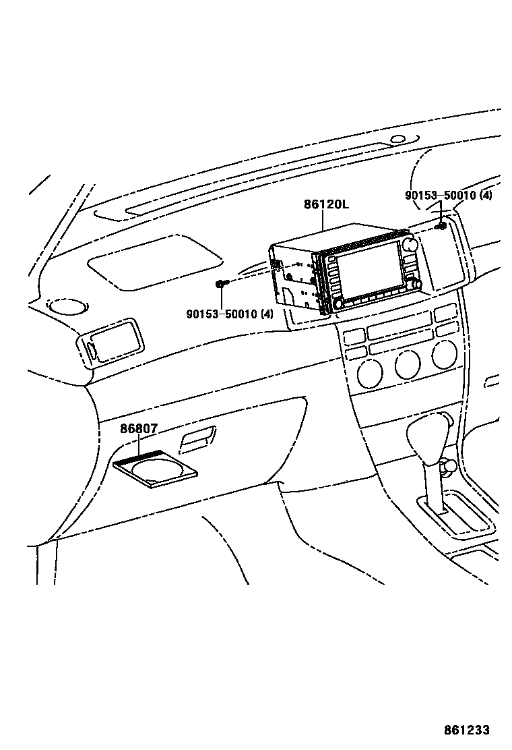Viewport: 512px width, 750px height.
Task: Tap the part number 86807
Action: pyautogui.click(x=139, y=428)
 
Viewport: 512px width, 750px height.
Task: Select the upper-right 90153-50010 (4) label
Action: pyautogui.click(x=449, y=196)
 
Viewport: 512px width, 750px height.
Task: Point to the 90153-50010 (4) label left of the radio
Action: pyautogui.click(x=230, y=314)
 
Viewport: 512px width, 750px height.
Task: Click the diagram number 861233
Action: pyautogui.click(x=466, y=730)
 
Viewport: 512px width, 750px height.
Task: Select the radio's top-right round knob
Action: pyautogui.click(x=410, y=243)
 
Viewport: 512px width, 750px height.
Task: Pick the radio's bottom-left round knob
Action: pyautogui.click(x=338, y=304)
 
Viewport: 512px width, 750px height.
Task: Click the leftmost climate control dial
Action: pyautogui.click(x=370, y=372)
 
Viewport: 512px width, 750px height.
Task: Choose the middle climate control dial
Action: pyautogui.click(x=407, y=364)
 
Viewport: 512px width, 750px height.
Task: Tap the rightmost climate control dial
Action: pyautogui.click(x=444, y=355)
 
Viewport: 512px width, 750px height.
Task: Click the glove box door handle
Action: pyautogui.click(x=198, y=440)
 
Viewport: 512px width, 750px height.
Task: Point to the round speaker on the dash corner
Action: pyautogui.click(x=67, y=307)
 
